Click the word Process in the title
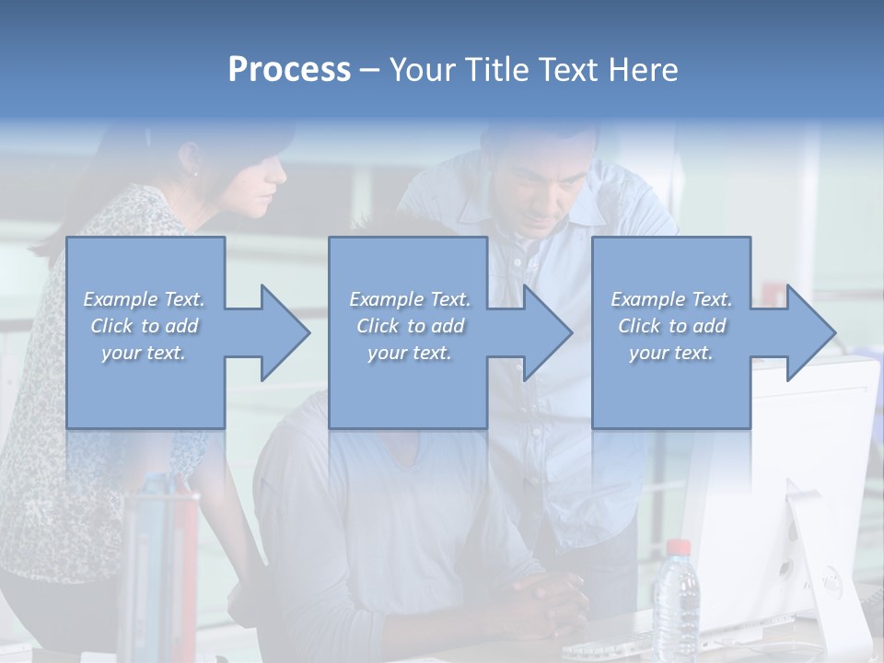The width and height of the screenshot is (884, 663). tap(289, 70)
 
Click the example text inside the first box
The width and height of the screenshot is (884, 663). tap(145, 326)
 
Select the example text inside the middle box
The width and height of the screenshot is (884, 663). tap(409, 326)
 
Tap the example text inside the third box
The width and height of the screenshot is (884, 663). tap(671, 326)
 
